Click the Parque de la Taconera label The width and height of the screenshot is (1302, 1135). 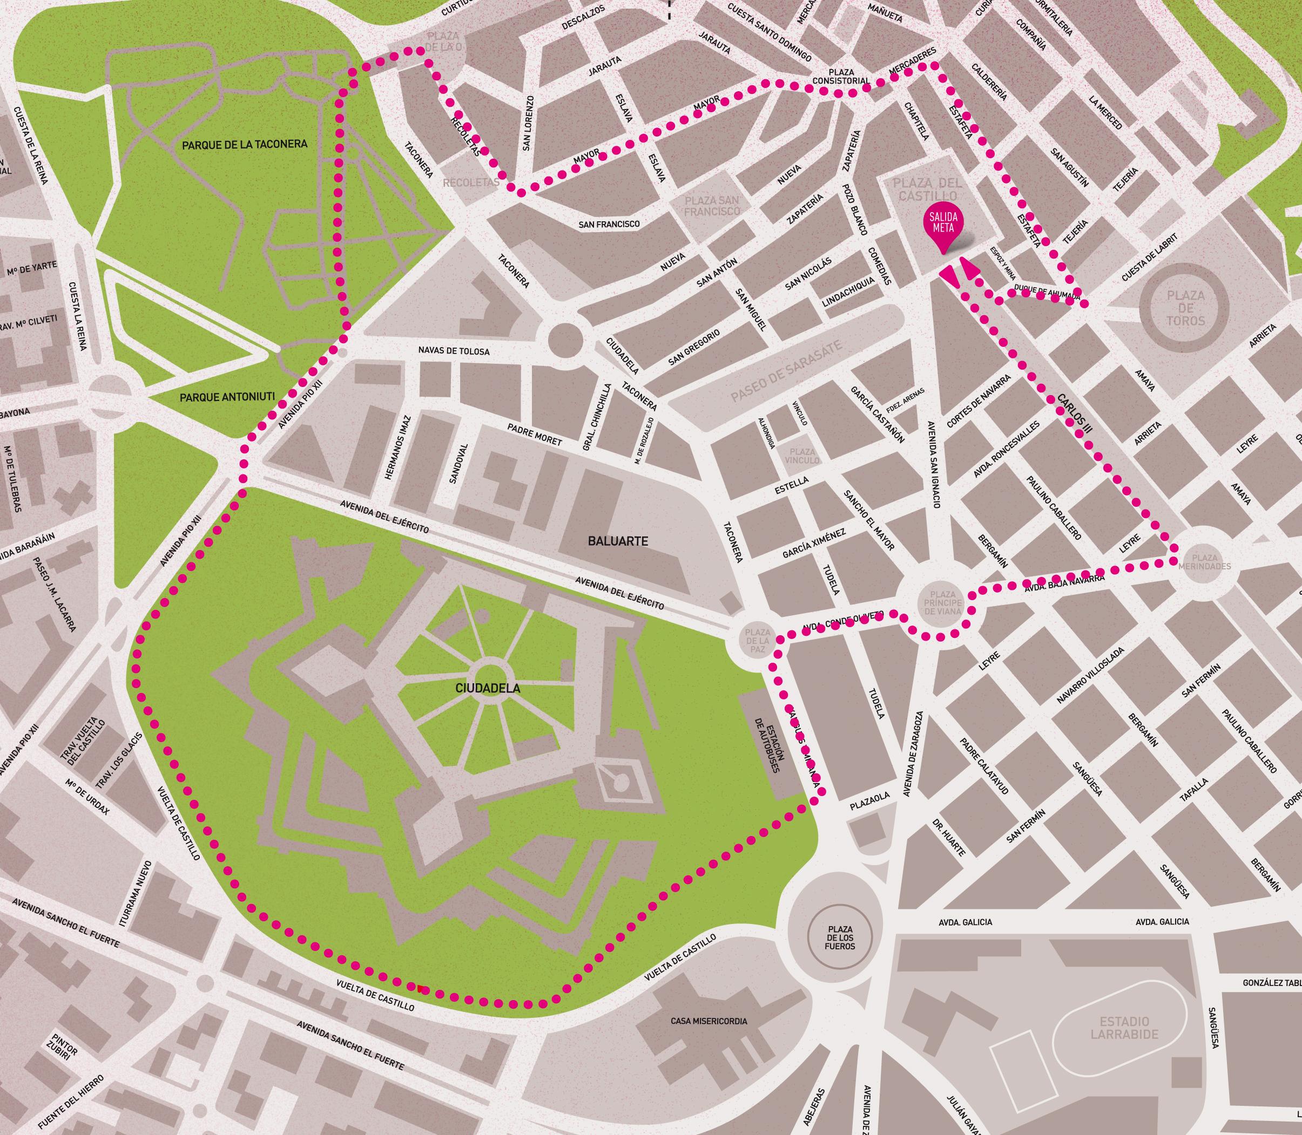[244, 145]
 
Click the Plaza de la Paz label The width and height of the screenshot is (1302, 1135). [758, 641]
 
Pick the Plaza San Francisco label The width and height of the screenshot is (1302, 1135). [712, 205]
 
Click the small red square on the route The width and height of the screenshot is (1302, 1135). [421, 990]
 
